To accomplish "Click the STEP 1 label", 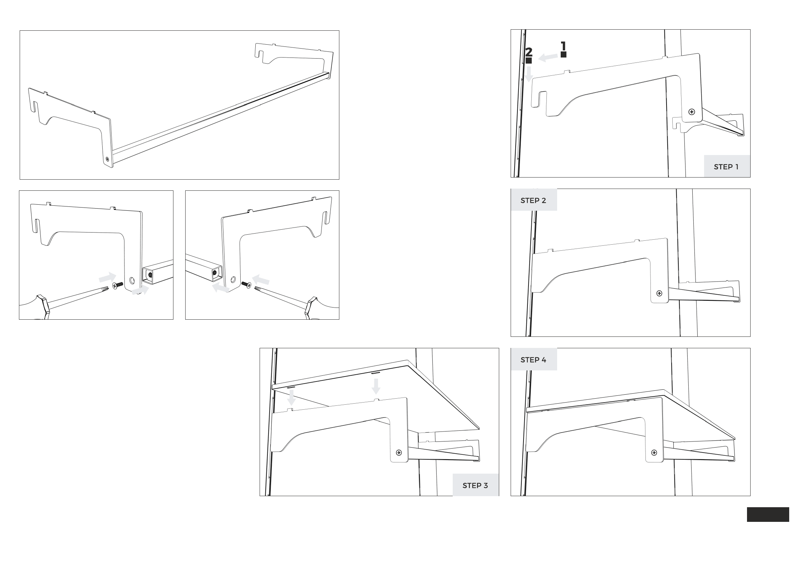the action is [726, 167].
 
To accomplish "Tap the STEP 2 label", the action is [533, 200].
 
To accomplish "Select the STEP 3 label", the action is [475, 485].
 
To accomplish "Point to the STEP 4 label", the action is [533, 360].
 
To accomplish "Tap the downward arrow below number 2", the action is [529, 74].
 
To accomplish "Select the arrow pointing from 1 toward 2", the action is [548, 57].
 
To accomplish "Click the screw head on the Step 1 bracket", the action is [692, 112].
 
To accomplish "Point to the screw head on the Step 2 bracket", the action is [659, 294].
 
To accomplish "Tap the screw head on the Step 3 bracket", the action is [399, 453].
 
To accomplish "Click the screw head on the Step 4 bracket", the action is [654, 453].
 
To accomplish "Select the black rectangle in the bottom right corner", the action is [768, 514].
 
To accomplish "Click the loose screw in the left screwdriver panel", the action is [118, 285].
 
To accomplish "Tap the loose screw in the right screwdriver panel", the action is [247, 284].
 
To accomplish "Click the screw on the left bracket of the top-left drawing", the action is [107, 159].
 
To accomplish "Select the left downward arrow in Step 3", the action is [292, 397].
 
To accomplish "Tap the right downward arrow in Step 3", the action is [375, 386].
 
